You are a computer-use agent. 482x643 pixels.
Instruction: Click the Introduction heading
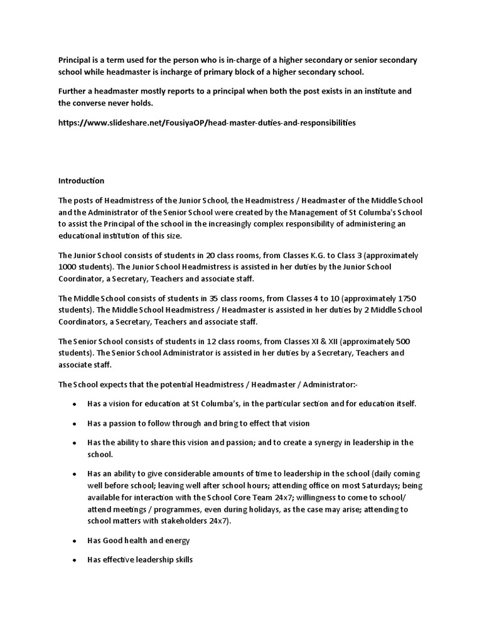[x=81, y=181]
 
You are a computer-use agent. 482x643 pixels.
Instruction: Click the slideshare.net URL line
[x=206, y=122]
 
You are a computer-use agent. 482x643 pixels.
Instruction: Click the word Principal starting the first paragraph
[x=75, y=60]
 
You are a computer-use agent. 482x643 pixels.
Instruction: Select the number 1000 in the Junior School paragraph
[x=69, y=267]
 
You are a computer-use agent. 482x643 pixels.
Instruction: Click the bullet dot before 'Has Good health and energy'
[x=75, y=540]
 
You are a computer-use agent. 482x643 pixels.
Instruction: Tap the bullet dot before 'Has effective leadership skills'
[x=75, y=559]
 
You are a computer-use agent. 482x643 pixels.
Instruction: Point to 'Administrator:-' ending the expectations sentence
[x=336, y=384]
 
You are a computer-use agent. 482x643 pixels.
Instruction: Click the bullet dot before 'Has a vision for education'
[x=75, y=403]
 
